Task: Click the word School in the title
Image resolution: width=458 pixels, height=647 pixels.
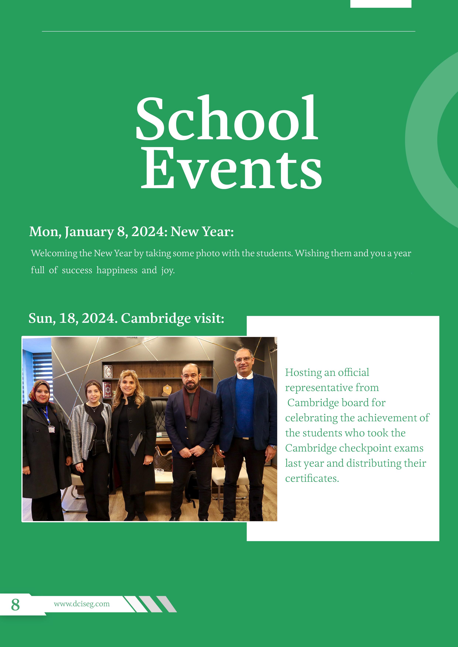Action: point(227,118)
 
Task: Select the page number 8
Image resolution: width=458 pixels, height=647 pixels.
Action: point(15,605)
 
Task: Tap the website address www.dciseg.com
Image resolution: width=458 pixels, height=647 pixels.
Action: point(82,604)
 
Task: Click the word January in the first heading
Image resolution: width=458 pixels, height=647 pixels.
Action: point(89,232)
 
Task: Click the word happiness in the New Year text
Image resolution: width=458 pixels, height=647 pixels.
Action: point(117,270)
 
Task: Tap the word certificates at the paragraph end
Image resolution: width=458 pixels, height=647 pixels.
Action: point(312,478)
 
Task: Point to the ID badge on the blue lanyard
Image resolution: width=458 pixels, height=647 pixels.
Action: point(51,429)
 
